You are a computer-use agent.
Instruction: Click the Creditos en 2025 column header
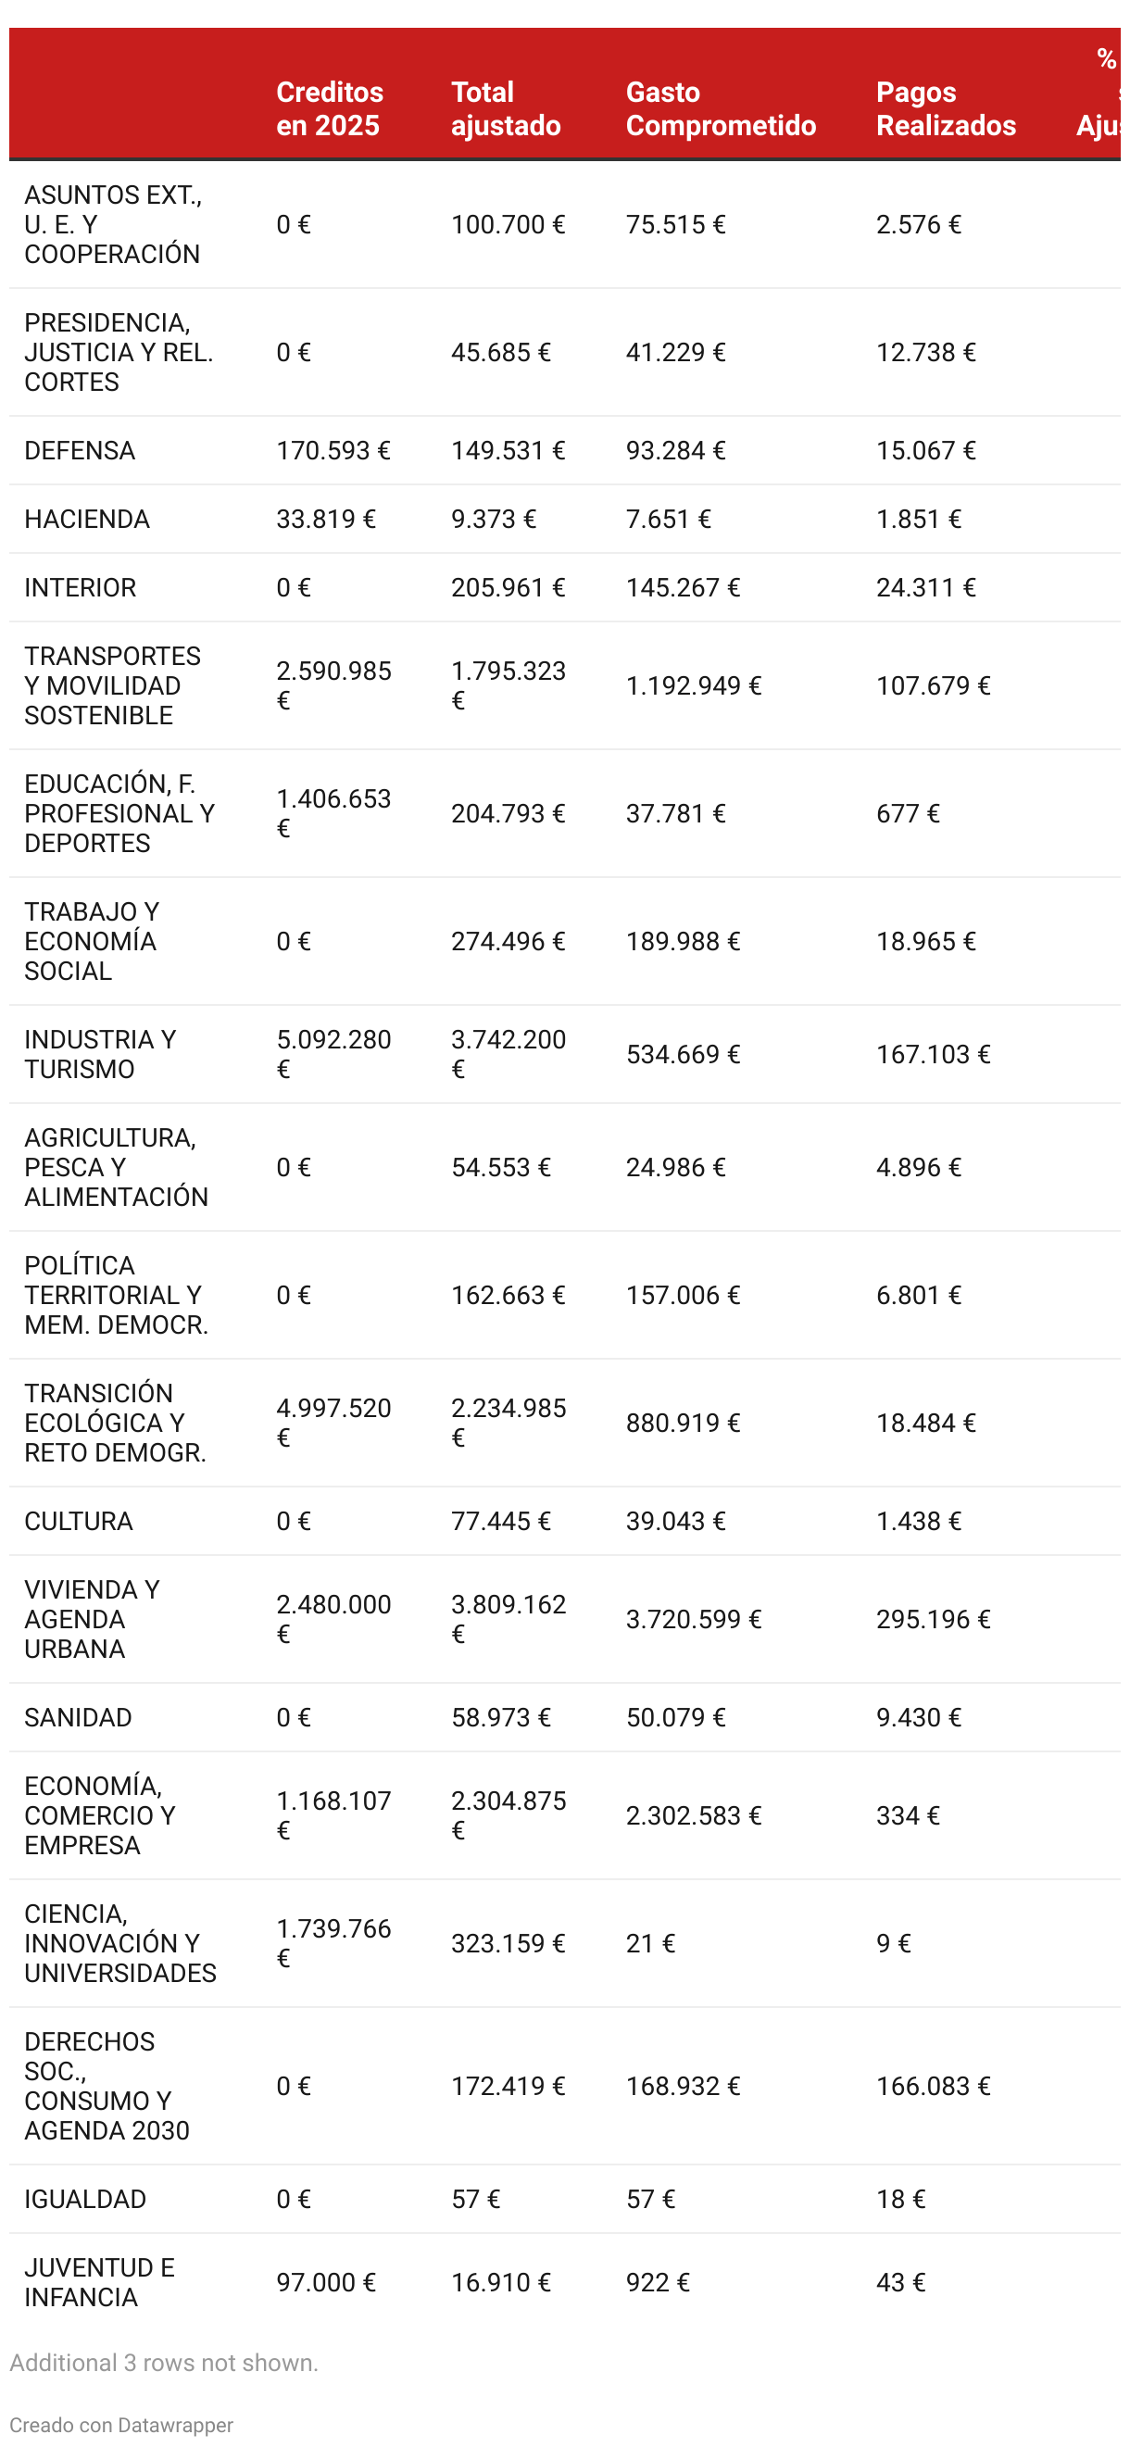tap(330, 108)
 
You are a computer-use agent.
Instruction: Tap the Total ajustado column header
tap(505, 108)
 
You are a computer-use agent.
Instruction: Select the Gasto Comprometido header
tap(720, 108)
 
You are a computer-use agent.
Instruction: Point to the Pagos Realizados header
tap(945, 108)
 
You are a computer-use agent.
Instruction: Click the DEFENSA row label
tap(80, 450)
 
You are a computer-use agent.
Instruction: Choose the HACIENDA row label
tap(86, 519)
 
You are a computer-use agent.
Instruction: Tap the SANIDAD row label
tap(78, 1717)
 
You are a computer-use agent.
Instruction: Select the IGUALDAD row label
tap(84, 2199)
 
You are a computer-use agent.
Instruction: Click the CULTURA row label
tap(78, 1521)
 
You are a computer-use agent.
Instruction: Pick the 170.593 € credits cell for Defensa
tap(333, 450)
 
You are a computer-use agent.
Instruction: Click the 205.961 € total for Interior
tap(507, 587)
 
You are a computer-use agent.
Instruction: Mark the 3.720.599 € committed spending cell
tap(692, 1619)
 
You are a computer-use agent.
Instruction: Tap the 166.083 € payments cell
tap(933, 2086)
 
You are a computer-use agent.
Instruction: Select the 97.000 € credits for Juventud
tap(326, 2282)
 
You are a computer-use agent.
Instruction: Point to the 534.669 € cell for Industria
tap(682, 1054)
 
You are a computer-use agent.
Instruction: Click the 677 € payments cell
tap(907, 813)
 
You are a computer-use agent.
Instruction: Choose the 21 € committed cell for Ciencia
tap(649, 1943)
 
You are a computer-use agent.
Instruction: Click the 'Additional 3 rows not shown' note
tap(163, 2363)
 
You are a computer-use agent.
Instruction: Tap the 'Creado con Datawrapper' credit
tap(120, 2425)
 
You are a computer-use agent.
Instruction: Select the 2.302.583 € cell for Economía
tap(692, 1815)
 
